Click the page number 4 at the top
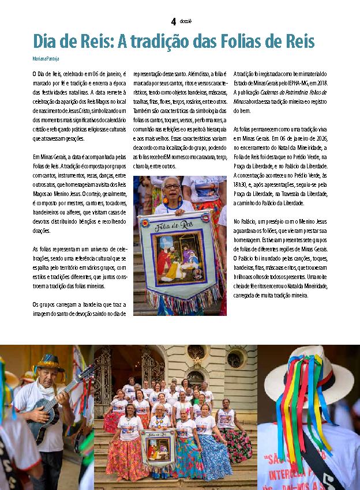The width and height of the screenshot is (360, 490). [x=173, y=21]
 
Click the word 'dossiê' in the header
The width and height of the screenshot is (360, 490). [x=185, y=21]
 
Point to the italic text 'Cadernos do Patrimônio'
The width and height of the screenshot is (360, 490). [x=284, y=92]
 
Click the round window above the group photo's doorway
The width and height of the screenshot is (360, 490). [x=194, y=353]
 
